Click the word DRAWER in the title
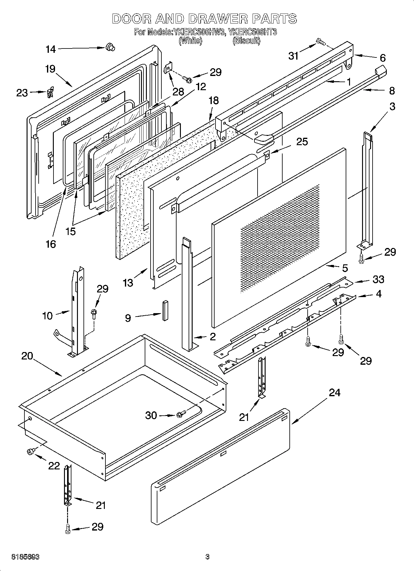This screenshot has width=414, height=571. [218, 19]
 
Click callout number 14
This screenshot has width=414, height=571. [51, 49]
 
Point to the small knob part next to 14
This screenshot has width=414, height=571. [109, 47]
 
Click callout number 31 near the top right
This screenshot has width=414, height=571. [293, 56]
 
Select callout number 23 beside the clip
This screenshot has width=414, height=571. [22, 93]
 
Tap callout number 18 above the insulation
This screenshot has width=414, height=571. [214, 100]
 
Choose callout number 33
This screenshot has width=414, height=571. [378, 279]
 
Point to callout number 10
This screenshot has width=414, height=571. [47, 316]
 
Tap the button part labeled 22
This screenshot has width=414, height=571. [31, 452]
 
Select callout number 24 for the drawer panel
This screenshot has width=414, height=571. [335, 393]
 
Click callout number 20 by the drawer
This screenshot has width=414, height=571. [27, 356]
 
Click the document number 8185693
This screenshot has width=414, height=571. [25, 557]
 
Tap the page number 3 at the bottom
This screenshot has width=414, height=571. [207, 557]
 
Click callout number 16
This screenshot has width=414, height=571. [51, 244]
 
